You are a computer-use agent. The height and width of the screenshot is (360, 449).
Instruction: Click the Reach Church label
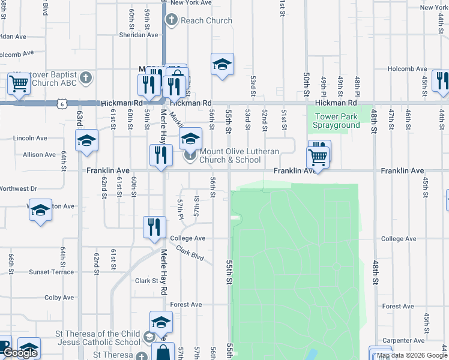(x=206, y=20)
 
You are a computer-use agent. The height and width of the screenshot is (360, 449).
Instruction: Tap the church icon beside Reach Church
(x=171, y=20)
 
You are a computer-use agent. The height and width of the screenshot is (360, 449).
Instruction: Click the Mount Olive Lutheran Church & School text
(x=239, y=155)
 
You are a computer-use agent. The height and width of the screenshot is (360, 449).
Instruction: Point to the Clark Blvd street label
(x=190, y=254)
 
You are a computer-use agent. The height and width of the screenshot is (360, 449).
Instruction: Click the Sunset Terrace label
(x=52, y=272)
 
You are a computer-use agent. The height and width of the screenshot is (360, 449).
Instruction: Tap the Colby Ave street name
(x=58, y=297)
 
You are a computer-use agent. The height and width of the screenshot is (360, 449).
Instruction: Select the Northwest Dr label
(x=18, y=188)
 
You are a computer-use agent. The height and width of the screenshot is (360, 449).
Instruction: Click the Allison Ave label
(x=39, y=155)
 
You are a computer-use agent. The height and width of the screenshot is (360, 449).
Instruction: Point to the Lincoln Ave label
(x=30, y=138)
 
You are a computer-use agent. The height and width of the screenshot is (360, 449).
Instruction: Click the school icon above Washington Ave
(x=40, y=210)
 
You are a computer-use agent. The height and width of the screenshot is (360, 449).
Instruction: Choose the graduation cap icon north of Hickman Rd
(x=222, y=64)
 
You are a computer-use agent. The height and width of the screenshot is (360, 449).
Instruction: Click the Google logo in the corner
(x=20, y=353)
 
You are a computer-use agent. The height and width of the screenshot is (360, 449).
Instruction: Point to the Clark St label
(x=146, y=281)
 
